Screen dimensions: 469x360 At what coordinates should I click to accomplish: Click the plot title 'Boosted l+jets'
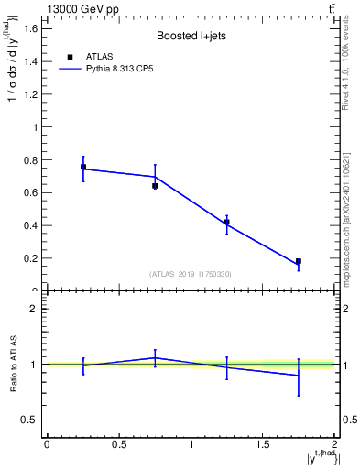(191, 37)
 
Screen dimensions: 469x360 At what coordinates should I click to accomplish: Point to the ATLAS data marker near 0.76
(83, 167)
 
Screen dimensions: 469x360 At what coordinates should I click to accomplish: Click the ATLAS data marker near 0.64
(155, 186)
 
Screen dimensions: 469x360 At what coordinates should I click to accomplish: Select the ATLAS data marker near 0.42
(226, 222)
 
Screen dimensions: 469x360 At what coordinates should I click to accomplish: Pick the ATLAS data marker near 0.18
(299, 261)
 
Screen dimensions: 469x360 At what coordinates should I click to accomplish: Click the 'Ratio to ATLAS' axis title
(13, 364)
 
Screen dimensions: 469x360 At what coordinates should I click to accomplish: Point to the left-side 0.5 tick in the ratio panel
(28, 420)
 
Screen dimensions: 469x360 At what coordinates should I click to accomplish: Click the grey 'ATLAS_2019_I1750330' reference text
(191, 274)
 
